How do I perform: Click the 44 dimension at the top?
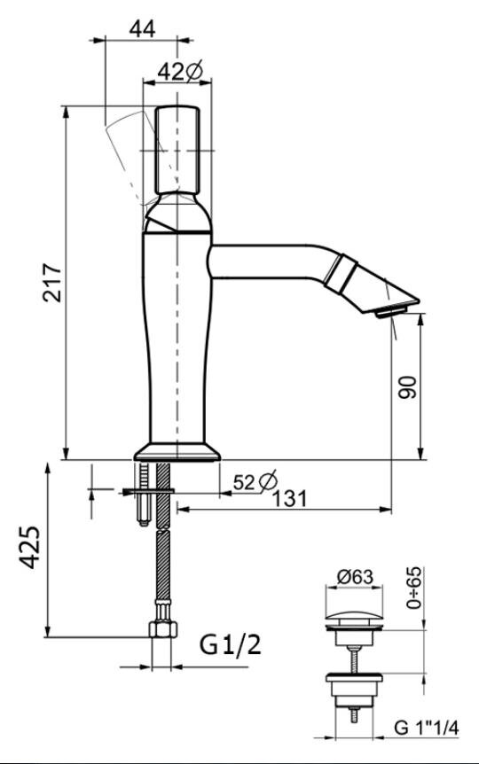[x=142, y=28]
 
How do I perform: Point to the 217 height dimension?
[x=52, y=283]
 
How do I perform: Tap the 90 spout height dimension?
[x=407, y=387]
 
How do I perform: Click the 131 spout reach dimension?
[x=290, y=498]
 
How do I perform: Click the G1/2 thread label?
[x=231, y=645]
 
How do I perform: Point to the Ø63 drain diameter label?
[x=355, y=577]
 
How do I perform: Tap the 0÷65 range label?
[x=413, y=588]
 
